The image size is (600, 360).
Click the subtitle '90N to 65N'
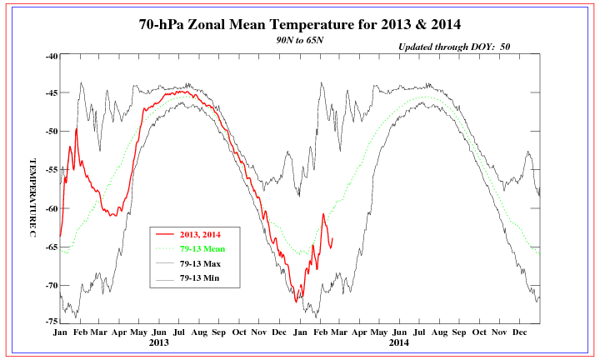300,39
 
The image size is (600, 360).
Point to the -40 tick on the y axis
50,56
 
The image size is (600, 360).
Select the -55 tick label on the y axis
50,170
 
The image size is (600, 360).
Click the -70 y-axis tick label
50,285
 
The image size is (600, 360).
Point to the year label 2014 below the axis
398,342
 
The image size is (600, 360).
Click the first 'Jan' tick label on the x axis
60,332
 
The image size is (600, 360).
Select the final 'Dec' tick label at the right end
519,332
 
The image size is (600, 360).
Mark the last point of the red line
332,239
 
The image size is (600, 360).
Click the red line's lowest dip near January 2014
297,301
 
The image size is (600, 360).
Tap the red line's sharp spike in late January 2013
76,129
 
